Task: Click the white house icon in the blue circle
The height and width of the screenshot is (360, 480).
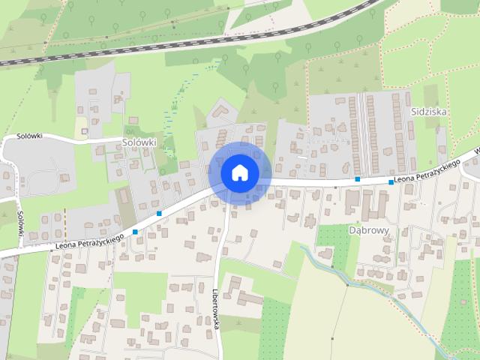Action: click(239, 172)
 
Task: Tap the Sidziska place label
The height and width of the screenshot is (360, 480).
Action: click(429, 110)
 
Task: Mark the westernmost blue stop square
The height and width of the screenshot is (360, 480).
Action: click(135, 232)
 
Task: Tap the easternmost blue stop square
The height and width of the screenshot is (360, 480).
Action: click(391, 182)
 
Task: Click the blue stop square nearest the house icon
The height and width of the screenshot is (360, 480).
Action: click(159, 214)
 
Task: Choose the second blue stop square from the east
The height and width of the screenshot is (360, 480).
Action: click(358, 179)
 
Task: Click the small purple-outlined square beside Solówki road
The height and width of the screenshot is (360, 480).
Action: click(81, 130)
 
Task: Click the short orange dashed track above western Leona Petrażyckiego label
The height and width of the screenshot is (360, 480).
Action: click(65, 219)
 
